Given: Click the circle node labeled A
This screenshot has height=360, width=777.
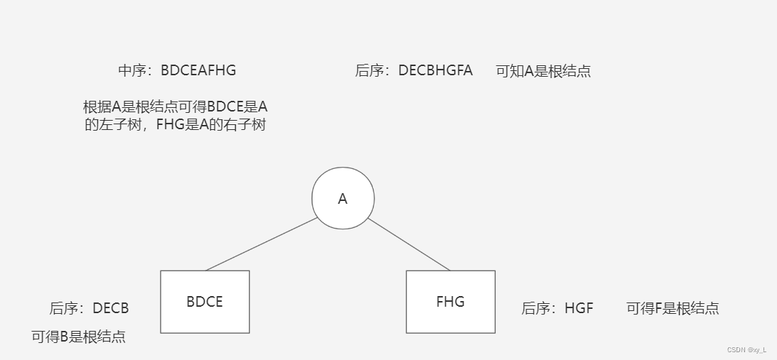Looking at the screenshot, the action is [x=343, y=199].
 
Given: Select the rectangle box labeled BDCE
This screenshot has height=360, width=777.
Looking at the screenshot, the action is [x=205, y=302].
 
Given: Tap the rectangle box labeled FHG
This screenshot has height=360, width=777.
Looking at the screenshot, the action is [x=450, y=302].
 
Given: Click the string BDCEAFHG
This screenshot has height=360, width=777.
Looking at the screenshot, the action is [x=198, y=70].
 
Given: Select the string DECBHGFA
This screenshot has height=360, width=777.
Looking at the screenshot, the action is [x=435, y=70].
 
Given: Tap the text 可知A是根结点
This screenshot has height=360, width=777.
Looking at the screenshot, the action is [x=543, y=71].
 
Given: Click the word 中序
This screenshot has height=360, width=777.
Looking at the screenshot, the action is [x=131, y=70].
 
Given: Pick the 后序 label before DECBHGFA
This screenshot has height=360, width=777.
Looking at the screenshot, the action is [x=369, y=70].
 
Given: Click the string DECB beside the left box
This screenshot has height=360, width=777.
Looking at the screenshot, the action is [x=111, y=308].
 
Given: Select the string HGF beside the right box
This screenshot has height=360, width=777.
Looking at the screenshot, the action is [x=579, y=308].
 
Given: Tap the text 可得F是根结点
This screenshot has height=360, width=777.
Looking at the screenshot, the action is [x=673, y=308].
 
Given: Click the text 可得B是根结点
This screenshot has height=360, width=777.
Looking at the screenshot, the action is [x=79, y=337].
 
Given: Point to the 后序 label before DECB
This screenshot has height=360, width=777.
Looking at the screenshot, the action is [x=63, y=308].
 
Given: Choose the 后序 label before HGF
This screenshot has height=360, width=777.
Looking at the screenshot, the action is [x=535, y=308].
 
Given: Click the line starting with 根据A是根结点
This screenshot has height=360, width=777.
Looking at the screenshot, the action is [x=175, y=107].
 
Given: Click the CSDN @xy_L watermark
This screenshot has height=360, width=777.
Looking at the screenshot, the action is [x=746, y=350].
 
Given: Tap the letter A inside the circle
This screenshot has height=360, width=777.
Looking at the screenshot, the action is [x=343, y=200].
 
